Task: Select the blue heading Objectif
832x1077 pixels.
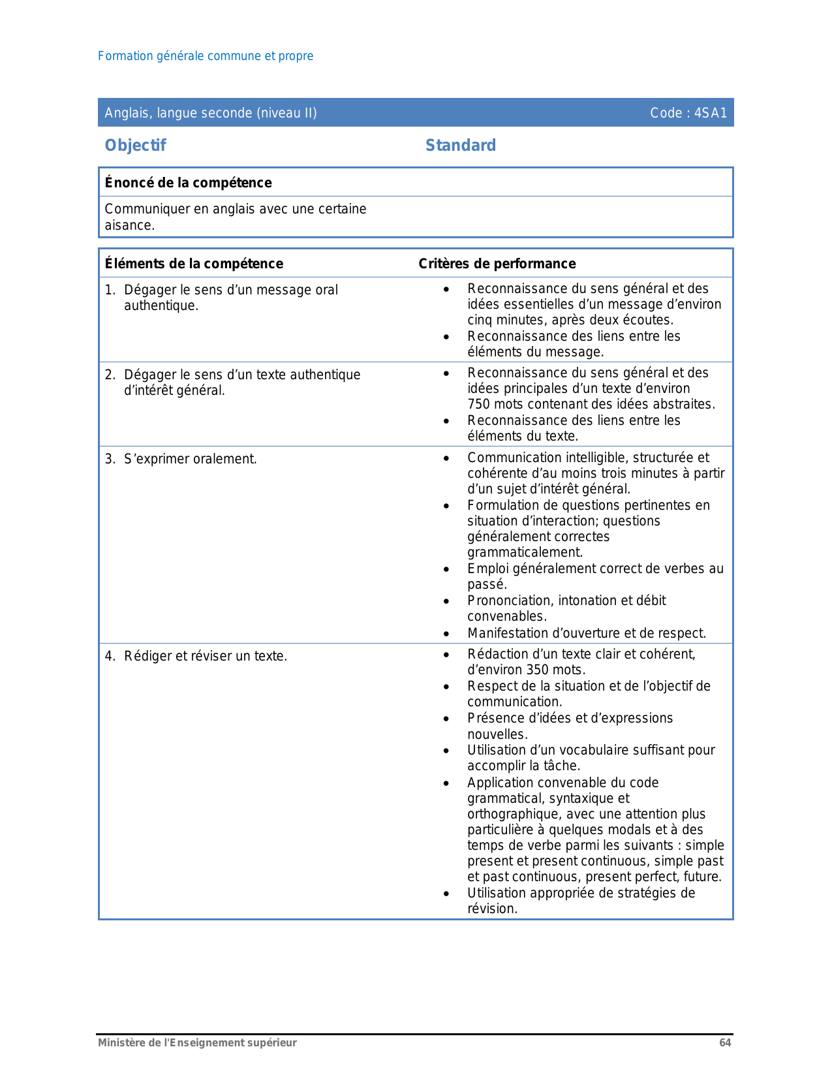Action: tap(136, 146)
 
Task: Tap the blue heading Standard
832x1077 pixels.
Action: tap(461, 146)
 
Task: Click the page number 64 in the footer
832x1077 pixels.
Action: tap(725, 1043)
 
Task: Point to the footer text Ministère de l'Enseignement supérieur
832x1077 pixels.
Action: tap(197, 1043)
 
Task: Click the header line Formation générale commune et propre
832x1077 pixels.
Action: tap(206, 56)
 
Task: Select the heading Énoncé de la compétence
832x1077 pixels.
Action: tap(188, 183)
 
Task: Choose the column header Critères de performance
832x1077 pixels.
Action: tap(497, 264)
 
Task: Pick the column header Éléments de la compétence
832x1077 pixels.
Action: tap(194, 264)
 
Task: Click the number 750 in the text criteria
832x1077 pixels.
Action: tap(480, 405)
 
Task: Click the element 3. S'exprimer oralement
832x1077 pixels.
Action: tap(181, 460)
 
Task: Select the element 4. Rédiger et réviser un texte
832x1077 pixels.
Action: tap(196, 657)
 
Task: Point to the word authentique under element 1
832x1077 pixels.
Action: tap(161, 306)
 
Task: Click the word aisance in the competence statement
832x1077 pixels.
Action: tap(129, 226)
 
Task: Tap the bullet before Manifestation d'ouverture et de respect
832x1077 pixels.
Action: tap(446, 634)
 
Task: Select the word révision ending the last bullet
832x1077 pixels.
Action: tap(491, 909)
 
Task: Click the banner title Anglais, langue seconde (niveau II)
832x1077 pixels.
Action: tap(211, 113)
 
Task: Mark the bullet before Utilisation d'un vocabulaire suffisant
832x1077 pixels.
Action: tap(446, 751)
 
